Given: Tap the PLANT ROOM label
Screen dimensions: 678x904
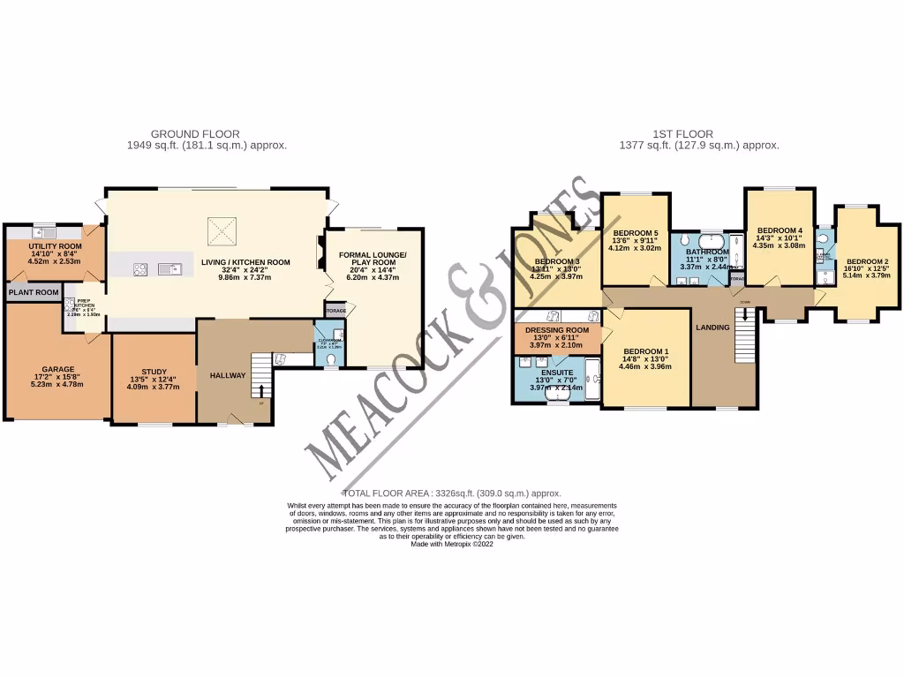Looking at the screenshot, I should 34,292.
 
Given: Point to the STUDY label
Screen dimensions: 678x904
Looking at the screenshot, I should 154,372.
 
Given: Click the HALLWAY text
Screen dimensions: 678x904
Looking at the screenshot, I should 228,376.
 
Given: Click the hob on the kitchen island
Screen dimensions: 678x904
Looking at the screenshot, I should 140,270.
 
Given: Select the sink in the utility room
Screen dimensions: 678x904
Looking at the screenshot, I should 41,232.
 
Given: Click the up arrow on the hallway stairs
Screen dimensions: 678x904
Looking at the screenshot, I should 261,388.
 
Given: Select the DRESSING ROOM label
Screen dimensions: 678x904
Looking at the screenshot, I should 556,330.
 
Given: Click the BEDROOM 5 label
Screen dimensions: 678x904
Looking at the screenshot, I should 636,232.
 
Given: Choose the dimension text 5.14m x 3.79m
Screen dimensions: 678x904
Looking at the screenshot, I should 868,275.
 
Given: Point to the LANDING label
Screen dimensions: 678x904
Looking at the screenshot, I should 713,328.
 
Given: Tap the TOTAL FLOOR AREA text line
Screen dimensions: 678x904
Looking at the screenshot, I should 451,493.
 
